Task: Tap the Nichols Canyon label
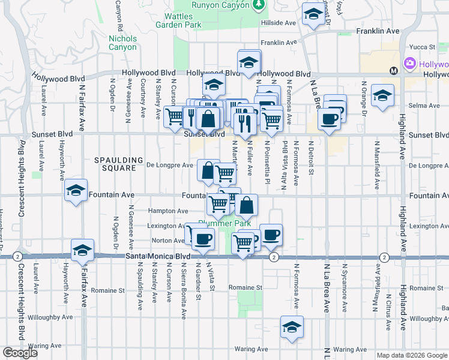122,43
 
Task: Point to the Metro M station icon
394,71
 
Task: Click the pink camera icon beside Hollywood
411,64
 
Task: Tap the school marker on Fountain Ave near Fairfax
76,190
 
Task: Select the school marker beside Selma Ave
382,95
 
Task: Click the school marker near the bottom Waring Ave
292,327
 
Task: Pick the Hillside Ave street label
279,23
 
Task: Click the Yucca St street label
421,47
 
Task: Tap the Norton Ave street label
170,241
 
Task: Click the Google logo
20,353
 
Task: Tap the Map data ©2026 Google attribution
411,355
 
